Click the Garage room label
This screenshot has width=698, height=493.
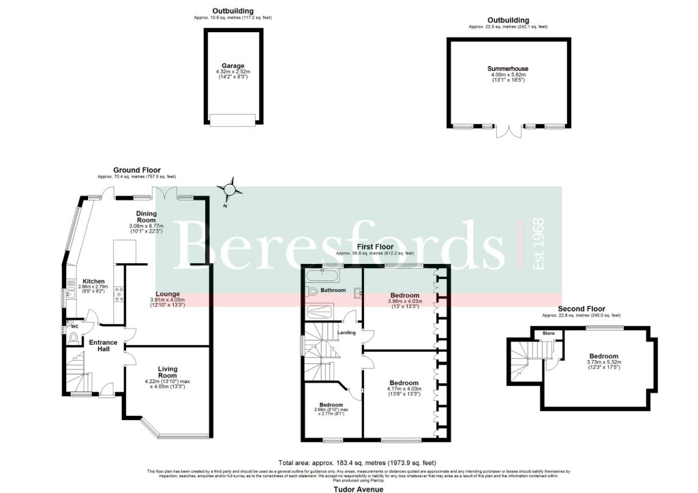233,66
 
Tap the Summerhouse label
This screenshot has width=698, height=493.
508,69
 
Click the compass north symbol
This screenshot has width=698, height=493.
230,189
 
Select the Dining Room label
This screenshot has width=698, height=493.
147,217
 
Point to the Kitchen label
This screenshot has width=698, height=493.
93,281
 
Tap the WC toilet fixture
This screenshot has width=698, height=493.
73,335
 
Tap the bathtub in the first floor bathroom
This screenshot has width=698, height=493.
322,275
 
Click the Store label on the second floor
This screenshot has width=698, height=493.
548,333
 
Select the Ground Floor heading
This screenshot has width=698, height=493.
136,170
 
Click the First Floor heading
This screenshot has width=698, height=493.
374,245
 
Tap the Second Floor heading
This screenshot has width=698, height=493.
581,309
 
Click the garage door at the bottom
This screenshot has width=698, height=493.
232,120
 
